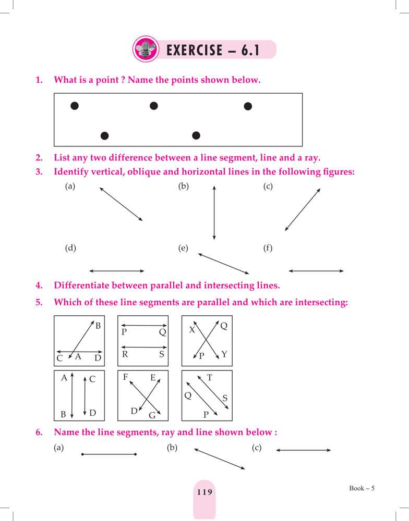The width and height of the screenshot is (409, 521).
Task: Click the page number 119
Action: [x=204, y=491]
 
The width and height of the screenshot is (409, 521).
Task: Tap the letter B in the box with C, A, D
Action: [x=98, y=326]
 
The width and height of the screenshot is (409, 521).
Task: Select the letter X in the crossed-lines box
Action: [x=192, y=330]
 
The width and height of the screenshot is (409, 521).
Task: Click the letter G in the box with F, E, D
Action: [x=152, y=415]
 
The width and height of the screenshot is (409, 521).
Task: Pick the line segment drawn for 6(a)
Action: [x=109, y=454]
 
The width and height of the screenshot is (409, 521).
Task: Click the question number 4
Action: [x=39, y=286]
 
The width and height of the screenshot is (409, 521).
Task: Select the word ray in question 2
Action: [x=312, y=157]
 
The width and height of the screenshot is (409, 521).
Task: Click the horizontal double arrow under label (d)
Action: [x=117, y=271]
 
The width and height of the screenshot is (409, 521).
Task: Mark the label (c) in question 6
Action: [x=256, y=448]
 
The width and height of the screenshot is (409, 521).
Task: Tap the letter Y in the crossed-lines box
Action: [x=224, y=354]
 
